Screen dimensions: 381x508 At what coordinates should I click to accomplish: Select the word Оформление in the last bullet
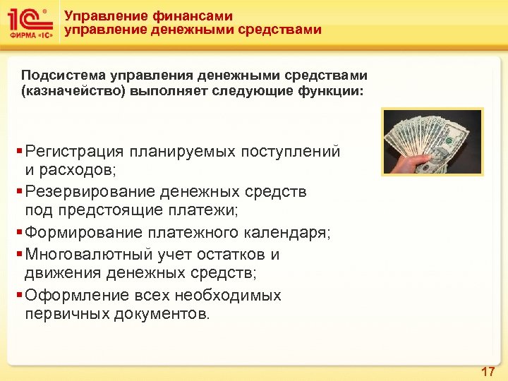coord(71,295)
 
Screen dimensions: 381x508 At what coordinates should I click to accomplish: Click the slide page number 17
coord(488,372)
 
